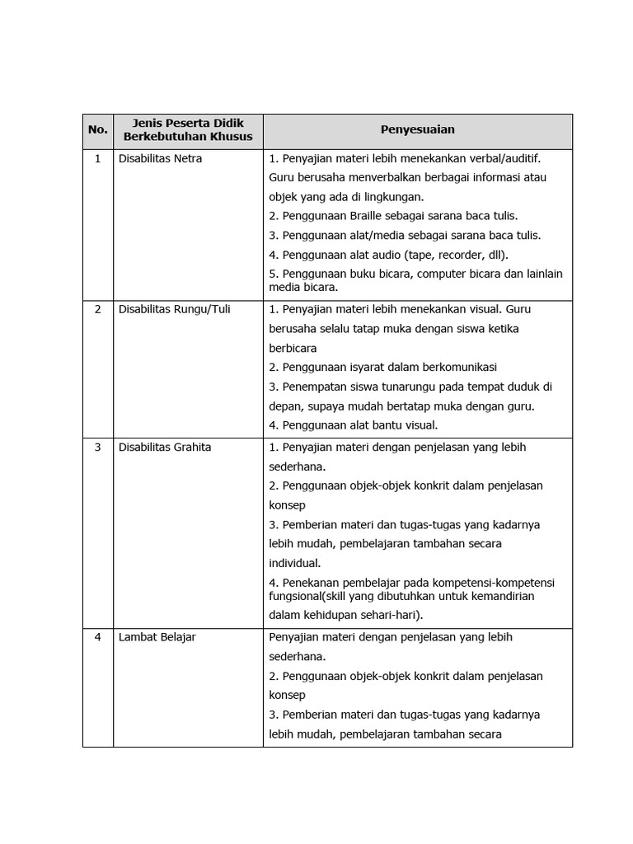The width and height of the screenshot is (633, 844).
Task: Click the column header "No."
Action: pyautogui.click(x=98, y=130)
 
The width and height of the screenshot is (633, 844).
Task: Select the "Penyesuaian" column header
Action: pyautogui.click(x=417, y=130)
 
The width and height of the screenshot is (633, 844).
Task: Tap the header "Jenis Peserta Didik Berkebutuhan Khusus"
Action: pyautogui.click(x=188, y=130)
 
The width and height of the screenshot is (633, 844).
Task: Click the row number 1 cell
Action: pyautogui.click(x=98, y=158)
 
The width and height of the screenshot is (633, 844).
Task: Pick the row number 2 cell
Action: pyautogui.click(x=98, y=310)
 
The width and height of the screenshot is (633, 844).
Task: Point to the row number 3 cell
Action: pyautogui.click(x=98, y=448)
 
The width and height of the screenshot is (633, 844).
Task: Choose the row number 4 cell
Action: pyautogui.click(x=98, y=637)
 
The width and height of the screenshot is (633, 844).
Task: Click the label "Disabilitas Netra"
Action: pyautogui.click(x=161, y=158)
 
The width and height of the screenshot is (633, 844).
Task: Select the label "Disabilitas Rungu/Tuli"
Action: pyautogui.click(x=175, y=310)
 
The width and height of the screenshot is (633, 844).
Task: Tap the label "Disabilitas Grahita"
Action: pyautogui.click(x=165, y=448)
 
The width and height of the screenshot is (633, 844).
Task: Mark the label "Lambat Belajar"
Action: pyautogui.click(x=157, y=637)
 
